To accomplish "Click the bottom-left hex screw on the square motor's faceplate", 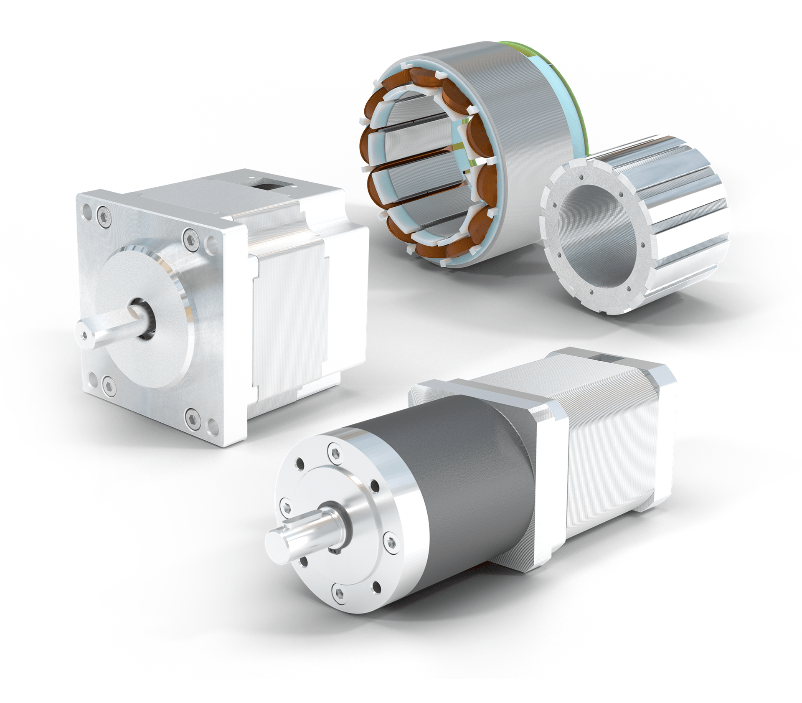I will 108,383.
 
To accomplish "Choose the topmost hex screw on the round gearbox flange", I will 334,452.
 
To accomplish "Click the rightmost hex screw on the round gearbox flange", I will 391,542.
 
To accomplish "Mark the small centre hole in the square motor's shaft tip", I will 84,334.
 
